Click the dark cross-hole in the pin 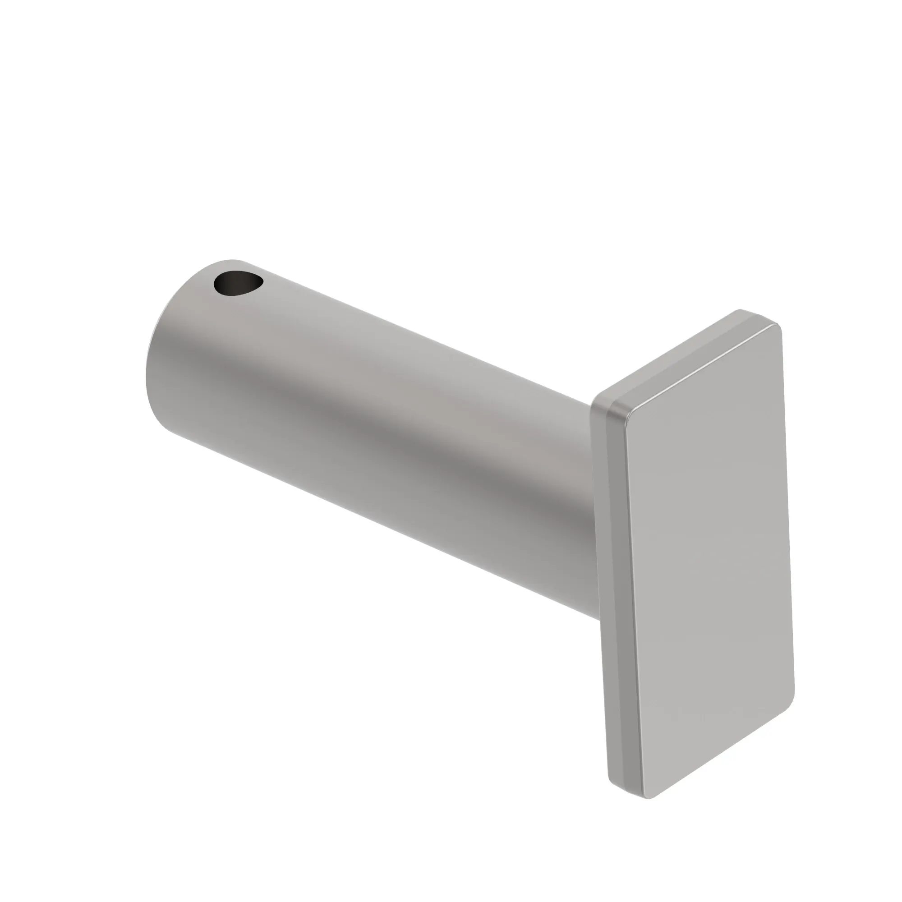[236, 283]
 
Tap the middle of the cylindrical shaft [373, 420]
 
